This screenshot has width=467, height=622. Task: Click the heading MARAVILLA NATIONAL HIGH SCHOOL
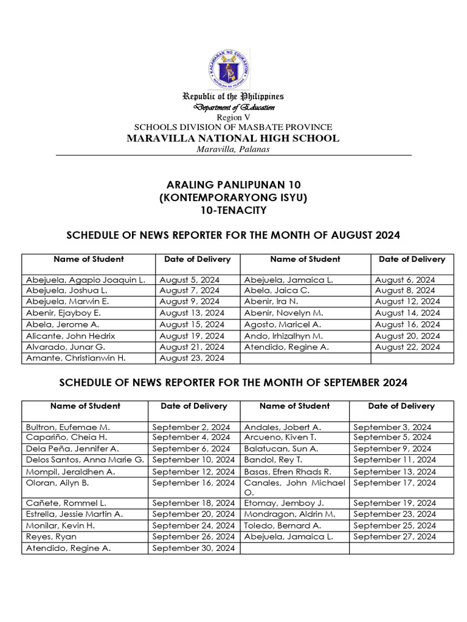pos(233,138)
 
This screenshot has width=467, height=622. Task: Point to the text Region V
pos(233,117)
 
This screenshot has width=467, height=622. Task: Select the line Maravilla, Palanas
pos(233,149)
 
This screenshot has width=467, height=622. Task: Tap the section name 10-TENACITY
pos(233,211)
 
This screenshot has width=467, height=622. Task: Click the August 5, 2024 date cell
pos(189,280)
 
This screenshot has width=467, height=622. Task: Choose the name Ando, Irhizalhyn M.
pos(283,336)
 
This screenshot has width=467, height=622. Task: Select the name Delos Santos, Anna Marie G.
pos(85,460)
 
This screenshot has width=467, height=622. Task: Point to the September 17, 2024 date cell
pos(395,483)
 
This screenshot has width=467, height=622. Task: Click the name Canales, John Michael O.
pos(294,487)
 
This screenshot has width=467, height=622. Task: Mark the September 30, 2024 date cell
pos(193,549)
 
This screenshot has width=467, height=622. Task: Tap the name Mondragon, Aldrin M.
pos(289,514)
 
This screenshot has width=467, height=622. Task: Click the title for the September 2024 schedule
pos(233,383)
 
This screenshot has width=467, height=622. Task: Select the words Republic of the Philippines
pos(233,97)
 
